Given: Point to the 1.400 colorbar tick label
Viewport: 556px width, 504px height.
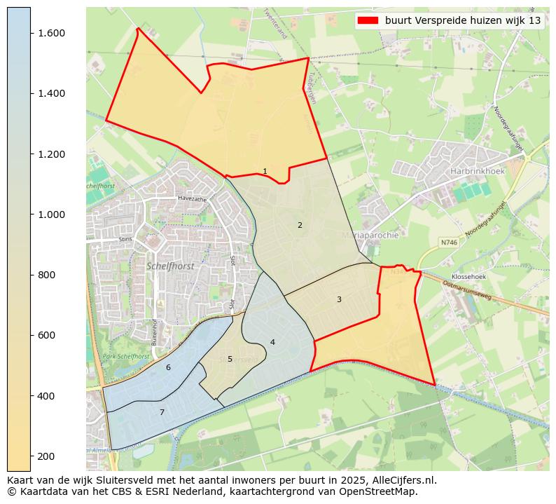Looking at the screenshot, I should (51, 93).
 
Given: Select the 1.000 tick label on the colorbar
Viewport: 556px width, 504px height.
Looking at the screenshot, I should (51, 214).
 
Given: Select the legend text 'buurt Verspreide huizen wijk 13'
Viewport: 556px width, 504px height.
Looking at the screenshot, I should (463, 20).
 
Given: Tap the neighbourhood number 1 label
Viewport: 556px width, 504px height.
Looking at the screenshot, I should (265, 171).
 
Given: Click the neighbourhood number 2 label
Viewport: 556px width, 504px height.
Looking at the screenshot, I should (300, 225).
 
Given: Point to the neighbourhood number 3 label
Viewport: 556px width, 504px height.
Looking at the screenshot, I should (339, 299).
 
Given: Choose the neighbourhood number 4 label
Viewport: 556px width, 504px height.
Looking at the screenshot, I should (272, 342).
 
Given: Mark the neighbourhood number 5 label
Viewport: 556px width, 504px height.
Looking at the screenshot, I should (230, 359).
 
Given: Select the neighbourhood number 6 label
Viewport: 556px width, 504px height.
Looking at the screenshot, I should (168, 367).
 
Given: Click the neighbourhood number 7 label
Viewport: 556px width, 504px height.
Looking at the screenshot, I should (162, 412).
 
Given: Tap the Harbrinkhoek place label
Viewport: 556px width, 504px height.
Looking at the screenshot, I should (478, 170).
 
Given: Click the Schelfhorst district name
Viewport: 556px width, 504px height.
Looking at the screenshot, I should (170, 266).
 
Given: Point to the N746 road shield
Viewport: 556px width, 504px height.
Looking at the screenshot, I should (448, 242).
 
